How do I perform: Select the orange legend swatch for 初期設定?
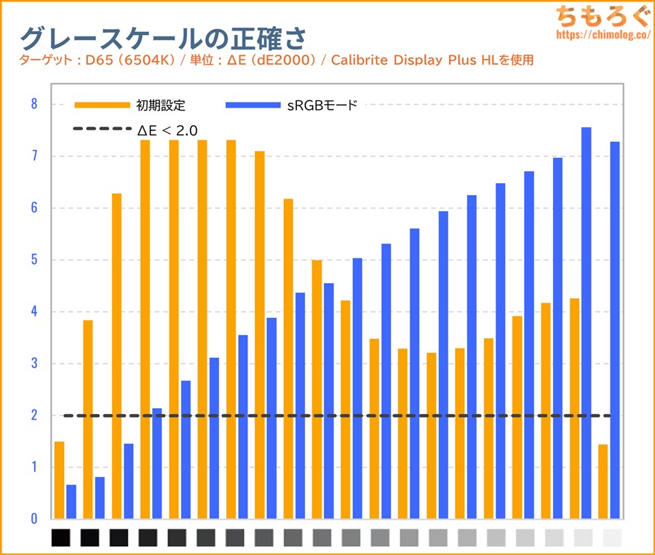point(101,106)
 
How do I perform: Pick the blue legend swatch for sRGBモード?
point(253,106)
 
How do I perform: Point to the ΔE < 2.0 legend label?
point(168,131)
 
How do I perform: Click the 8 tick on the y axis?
point(33,105)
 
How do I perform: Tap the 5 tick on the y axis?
point(33,260)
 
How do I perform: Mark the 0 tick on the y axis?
point(33,519)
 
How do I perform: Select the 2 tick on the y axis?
point(33,416)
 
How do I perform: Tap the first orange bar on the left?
point(59,480)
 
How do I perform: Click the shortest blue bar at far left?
point(71,502)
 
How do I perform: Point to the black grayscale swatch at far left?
point(61,538)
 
